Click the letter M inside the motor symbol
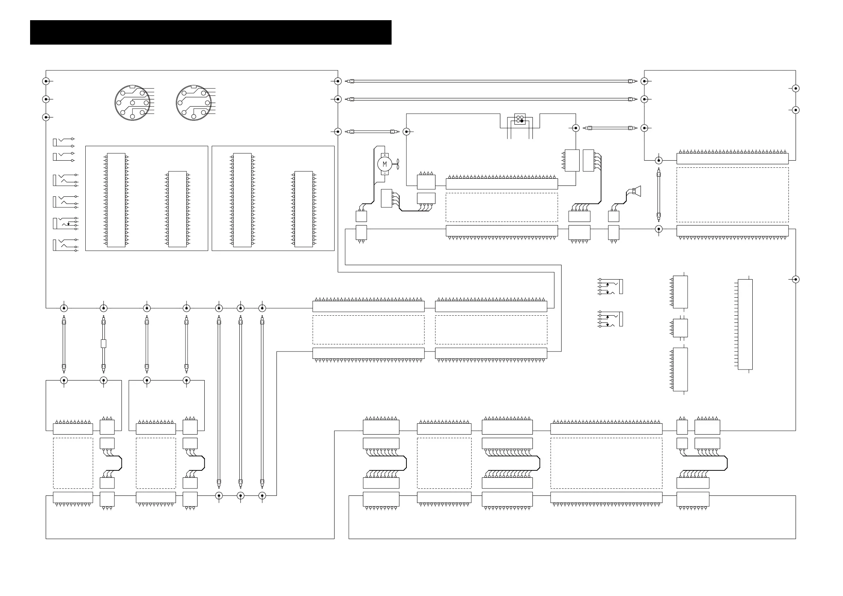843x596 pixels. click(385, 164)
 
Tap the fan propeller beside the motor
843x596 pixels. click(396, 164)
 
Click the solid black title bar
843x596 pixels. click(210, 32)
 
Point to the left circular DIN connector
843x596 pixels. click(132, 103)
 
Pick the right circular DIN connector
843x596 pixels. click(194, 103)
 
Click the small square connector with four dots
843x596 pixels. click(519, 119)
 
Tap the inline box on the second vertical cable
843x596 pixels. click(103, 344)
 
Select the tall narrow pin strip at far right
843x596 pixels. click(745, 325)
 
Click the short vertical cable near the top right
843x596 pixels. click(659, 195)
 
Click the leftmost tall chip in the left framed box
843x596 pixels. click(116, 200)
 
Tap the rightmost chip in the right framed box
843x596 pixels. click(304, 209)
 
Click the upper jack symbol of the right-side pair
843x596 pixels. click(611, 287)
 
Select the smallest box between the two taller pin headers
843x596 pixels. click(680, 328)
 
